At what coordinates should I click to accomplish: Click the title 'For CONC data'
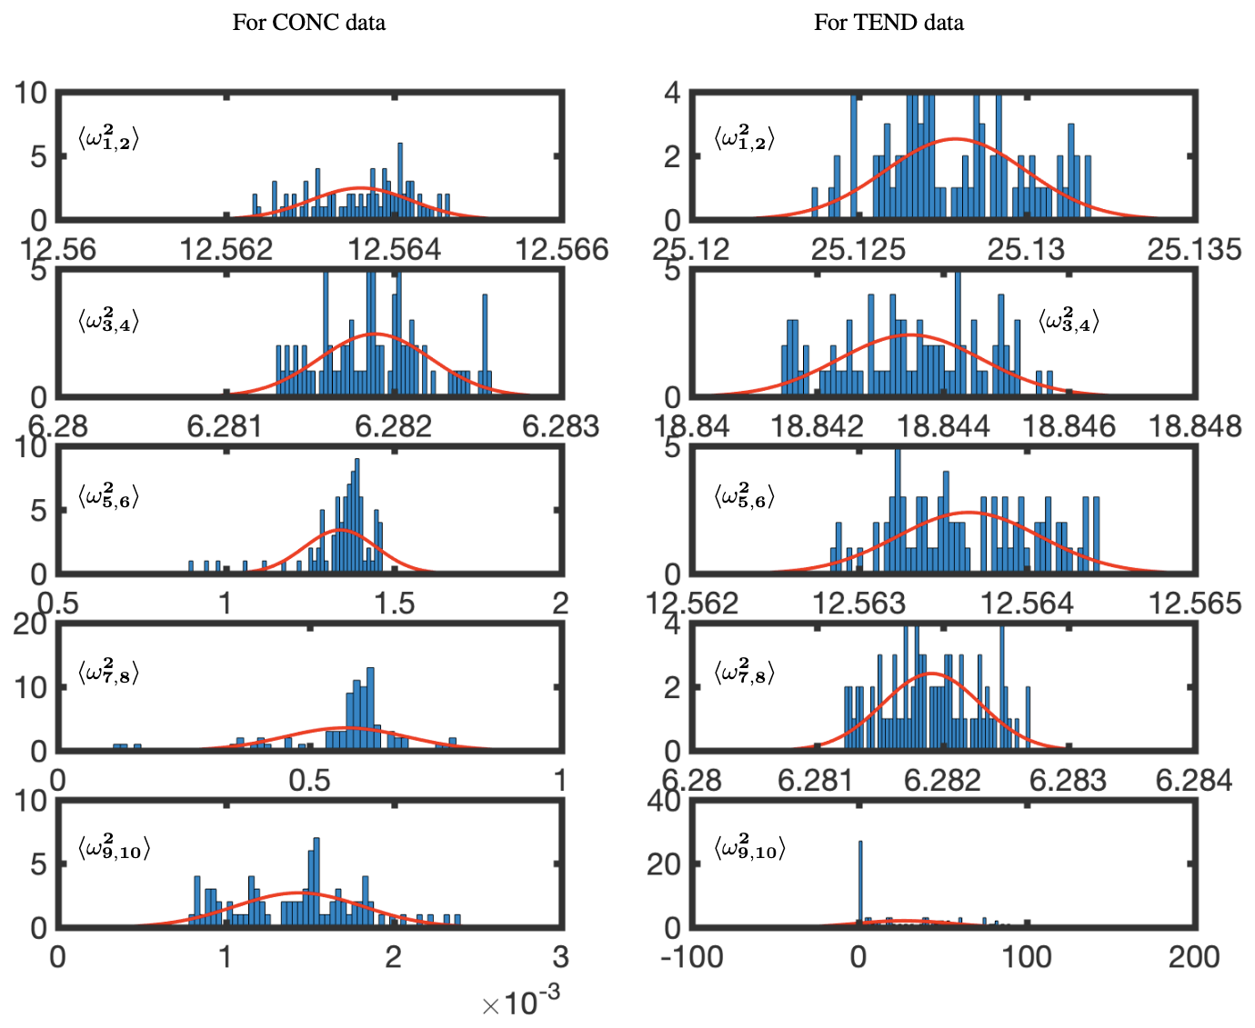tap(308, 23)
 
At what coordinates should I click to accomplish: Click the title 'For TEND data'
tap(889, 23)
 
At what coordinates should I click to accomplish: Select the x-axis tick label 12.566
tap(562, 249)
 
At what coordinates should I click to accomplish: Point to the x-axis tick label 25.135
tap(1194, 249)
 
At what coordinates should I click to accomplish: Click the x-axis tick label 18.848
tap(1194, 425)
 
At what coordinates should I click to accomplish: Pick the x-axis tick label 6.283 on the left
tap(560, 425)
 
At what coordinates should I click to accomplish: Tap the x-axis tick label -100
tap(692, 956)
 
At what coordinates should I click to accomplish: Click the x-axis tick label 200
tap(1194, 956)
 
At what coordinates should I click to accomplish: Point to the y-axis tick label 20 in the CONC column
tap(31, 624)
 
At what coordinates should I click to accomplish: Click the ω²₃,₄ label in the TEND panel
tap(1069, 321)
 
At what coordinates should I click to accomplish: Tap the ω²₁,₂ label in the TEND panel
tap(745, 138)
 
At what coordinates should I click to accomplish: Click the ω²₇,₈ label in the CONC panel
tap(108, 674)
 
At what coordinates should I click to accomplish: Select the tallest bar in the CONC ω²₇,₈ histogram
tap(370, 709)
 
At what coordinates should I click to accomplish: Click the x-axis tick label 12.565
tap(1194, 603)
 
